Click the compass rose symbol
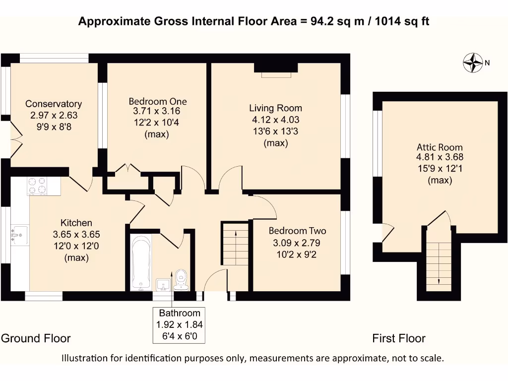473,63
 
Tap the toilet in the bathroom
181,280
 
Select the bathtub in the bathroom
140,263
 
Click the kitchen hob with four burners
37,186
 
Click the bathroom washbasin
163,284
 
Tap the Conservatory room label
54,104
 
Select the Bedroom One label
157,101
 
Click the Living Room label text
275,108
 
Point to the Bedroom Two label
297,231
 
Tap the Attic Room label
440,147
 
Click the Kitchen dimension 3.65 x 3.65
76,234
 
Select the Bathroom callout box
179,325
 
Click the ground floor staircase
235,244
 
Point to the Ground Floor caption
36,338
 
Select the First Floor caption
398,338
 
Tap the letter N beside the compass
487,63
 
